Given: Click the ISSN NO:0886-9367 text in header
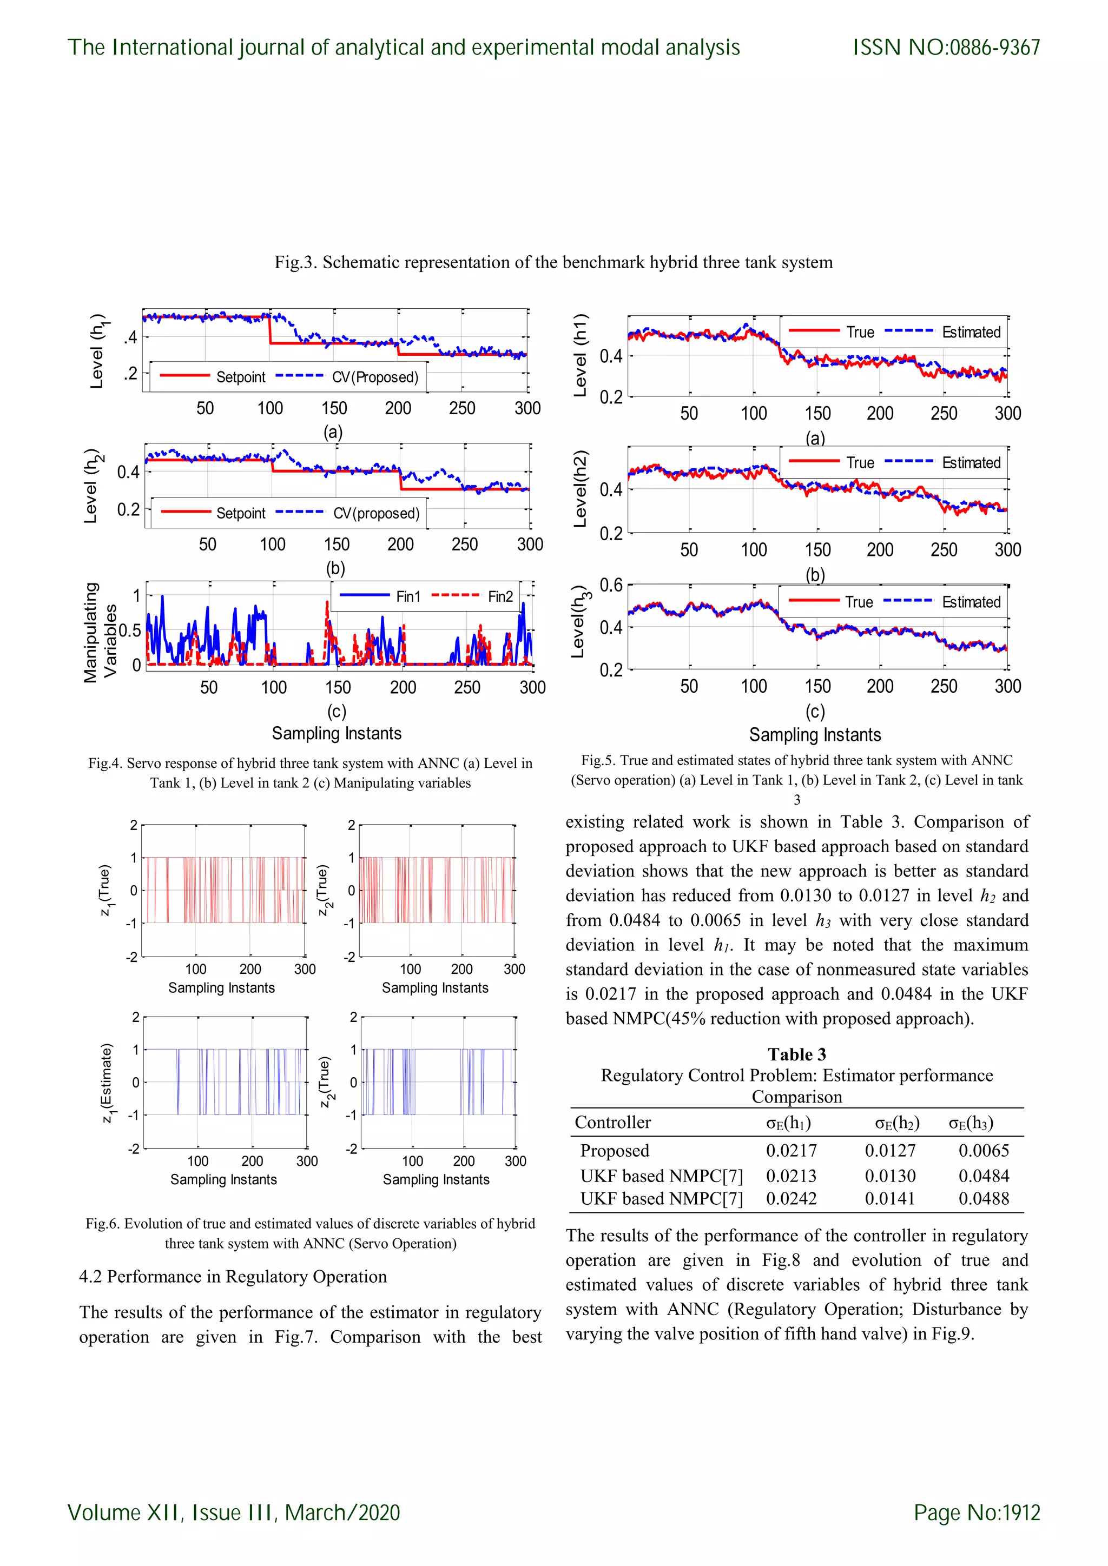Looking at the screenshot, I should coord(946,47).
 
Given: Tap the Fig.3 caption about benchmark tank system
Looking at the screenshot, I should coord(553,263).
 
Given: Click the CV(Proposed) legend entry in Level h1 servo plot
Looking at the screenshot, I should coord(374,377).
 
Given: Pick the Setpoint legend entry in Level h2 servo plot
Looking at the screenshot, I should coord(240,513).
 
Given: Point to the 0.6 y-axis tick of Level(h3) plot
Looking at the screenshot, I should coord(611,585).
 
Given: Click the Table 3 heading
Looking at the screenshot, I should coord(796,1054).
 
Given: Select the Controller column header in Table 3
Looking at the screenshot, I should coord(612,1122).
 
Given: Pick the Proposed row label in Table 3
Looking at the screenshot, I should coord(614,1150).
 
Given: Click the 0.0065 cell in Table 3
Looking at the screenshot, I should coord(983,1150).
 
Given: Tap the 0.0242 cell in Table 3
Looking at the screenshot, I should coord(791,1198).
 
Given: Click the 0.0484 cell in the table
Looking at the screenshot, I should coord(983,1175).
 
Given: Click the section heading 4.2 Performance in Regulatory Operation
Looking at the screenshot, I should coord(233,1276).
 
